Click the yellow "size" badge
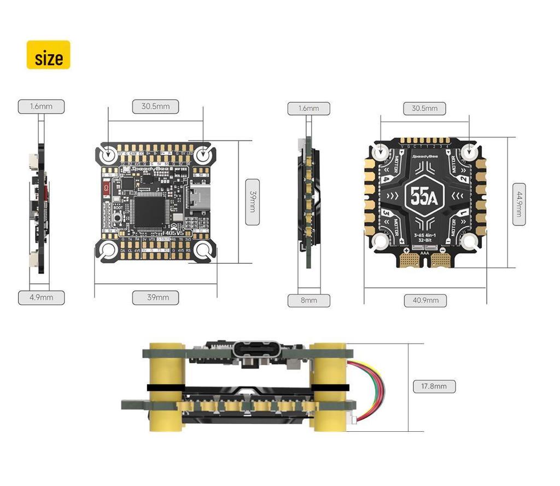[49, 55]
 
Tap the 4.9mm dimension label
[41, 298]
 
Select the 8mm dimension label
[308, 300]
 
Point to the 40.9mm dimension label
[425, 300]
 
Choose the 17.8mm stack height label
[434, 386]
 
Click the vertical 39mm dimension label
[252, 201]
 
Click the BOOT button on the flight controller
[119, 218]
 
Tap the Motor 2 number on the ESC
[463, 179]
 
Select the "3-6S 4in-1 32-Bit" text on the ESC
[424, 237]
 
